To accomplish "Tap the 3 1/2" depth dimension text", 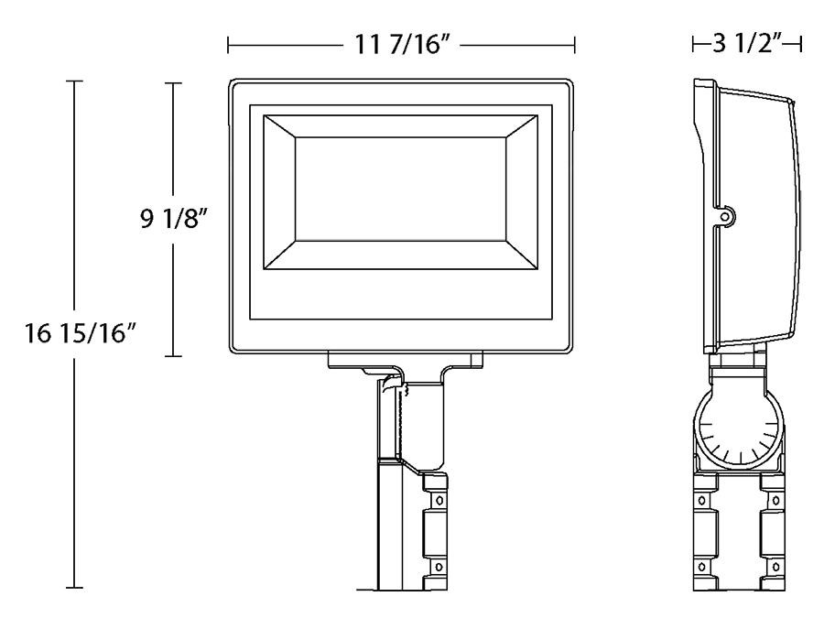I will click(x=748, y=44).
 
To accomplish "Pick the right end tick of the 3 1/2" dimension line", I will click(x=802, y=44).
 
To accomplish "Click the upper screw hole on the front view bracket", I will click(x=438, y=502).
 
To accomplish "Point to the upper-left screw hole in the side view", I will click(x=702, y=502).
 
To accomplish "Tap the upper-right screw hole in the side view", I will click(x=773, y=502).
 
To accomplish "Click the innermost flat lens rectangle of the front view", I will click(x=401, y=191).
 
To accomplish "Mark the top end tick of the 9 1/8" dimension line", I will click(x=173, y=83).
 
